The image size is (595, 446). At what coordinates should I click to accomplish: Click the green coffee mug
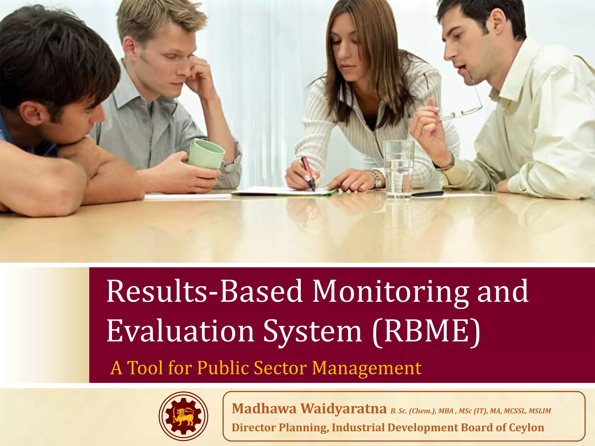pyautogui.click(x=206, y=154)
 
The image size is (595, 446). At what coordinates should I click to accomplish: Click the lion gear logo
pyautogui.click(x=183, y=416)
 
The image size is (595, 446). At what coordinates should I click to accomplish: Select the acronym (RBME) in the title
pyautogui.click(x=426, y=331)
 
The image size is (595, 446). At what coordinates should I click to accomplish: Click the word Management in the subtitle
pyautogui.click(x=367, y=368)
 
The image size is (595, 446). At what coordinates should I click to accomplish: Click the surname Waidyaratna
pyautogui.click(x=343, y=409)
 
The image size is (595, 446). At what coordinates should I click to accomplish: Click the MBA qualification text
pyautogui.click(x=446, y=411)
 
